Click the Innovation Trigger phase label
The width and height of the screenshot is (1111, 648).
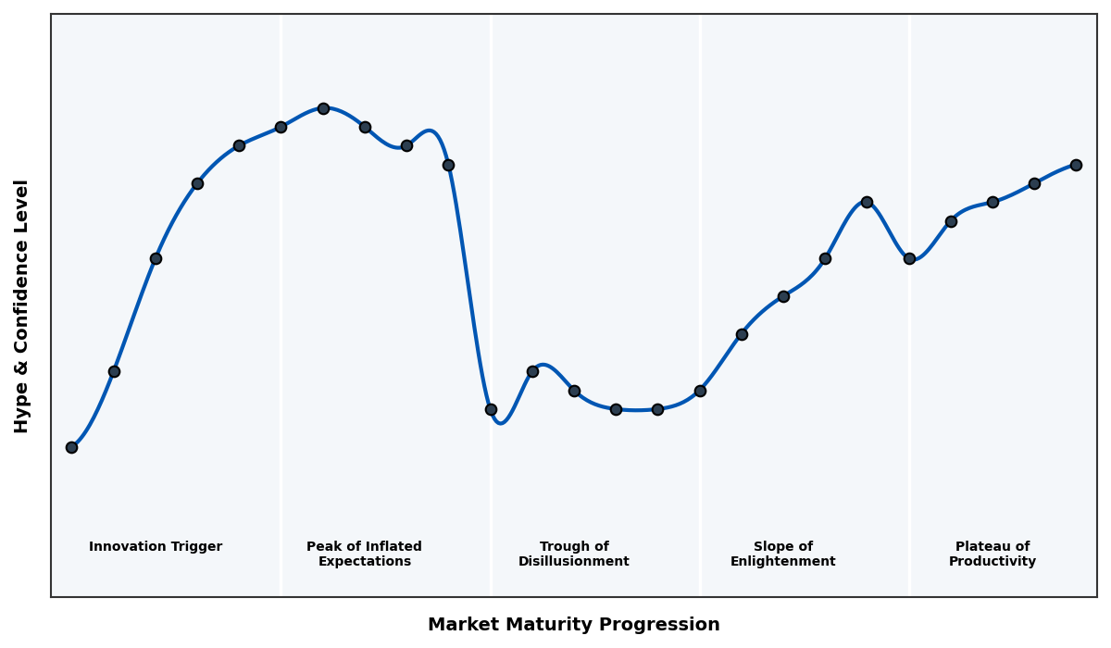click(156, 547)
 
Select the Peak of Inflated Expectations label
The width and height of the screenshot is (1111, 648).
click(364, 554)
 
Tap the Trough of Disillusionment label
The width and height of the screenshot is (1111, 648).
click(574, 554)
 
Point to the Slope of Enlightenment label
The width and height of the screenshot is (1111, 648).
click(783, 554)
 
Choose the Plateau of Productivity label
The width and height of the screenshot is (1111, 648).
click(992, 554)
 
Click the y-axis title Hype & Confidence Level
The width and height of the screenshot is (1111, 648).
click(22, 306)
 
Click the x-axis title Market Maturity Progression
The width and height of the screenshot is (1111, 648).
click(574, 625)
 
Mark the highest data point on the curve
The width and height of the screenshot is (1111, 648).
click(323, 108)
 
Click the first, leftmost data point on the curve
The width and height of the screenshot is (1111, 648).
click(71, 447)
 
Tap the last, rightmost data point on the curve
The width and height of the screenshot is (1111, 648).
click(1076, 165)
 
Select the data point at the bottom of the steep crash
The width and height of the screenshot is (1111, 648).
click(491, 409)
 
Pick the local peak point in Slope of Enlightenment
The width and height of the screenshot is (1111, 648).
click(867, 202)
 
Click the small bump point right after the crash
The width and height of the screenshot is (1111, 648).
click(532, 371)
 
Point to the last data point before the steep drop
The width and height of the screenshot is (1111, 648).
click(448, 165)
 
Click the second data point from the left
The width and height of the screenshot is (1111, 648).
click(114, 371)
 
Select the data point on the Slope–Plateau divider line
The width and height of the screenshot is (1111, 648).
click(909, 258)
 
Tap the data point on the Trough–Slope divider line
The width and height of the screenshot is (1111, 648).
click(700, 391)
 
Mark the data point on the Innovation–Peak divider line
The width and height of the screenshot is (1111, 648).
click(281, 127)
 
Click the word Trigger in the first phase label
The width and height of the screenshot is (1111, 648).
click(196, 547)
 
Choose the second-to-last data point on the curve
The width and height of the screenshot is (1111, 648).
click(1034, 183)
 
